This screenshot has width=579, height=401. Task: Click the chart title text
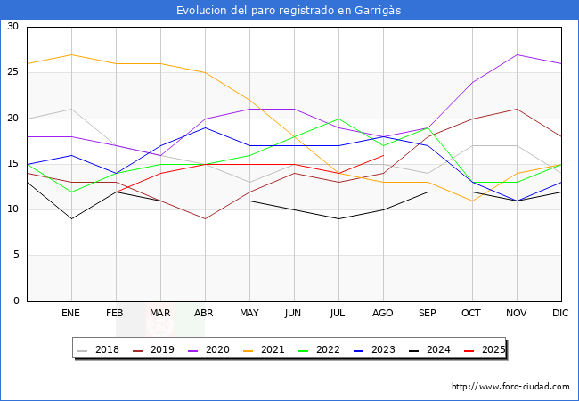pos(289,10)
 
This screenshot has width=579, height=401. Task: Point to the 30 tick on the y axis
pos(12,27)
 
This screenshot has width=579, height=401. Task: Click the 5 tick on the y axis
pos(15,256)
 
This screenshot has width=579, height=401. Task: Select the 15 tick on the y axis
pos(12,164)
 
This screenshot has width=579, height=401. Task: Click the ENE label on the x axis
pos(71,314)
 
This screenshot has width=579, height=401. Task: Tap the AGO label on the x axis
pos(383,314)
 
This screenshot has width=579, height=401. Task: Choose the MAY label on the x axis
pos(249,314)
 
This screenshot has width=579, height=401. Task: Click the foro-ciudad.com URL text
pos(510,387)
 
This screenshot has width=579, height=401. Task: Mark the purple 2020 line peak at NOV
pos(517,54)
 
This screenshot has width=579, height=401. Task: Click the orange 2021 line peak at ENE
pos(71,54)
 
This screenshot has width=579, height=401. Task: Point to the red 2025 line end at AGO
pos(383,155)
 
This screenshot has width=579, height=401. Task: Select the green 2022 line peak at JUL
pos(338,119)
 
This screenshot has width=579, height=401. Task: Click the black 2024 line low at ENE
pos(71,218)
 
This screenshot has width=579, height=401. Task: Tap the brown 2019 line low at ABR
pos(205,218)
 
